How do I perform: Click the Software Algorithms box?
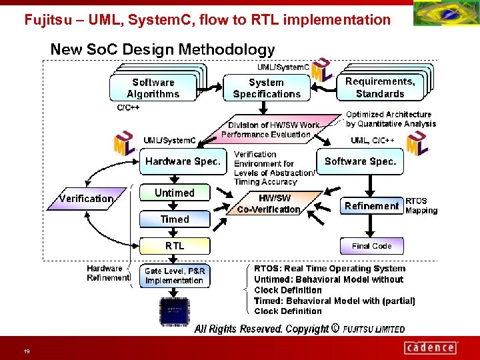153,88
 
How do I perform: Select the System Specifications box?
267,88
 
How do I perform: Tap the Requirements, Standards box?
380,87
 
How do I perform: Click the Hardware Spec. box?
183,161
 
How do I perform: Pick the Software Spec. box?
361,161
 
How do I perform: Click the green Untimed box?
174,193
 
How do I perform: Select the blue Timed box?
174,219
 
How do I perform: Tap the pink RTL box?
174,245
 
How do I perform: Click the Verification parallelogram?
86,199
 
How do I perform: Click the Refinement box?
371,206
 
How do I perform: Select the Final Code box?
371,246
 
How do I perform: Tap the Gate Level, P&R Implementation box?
174,276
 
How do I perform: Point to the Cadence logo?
431,347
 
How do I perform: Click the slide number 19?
26,351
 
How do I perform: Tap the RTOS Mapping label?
421,206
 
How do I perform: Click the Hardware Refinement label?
107,273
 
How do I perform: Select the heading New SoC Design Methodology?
163,49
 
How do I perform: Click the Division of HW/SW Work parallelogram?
271,129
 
